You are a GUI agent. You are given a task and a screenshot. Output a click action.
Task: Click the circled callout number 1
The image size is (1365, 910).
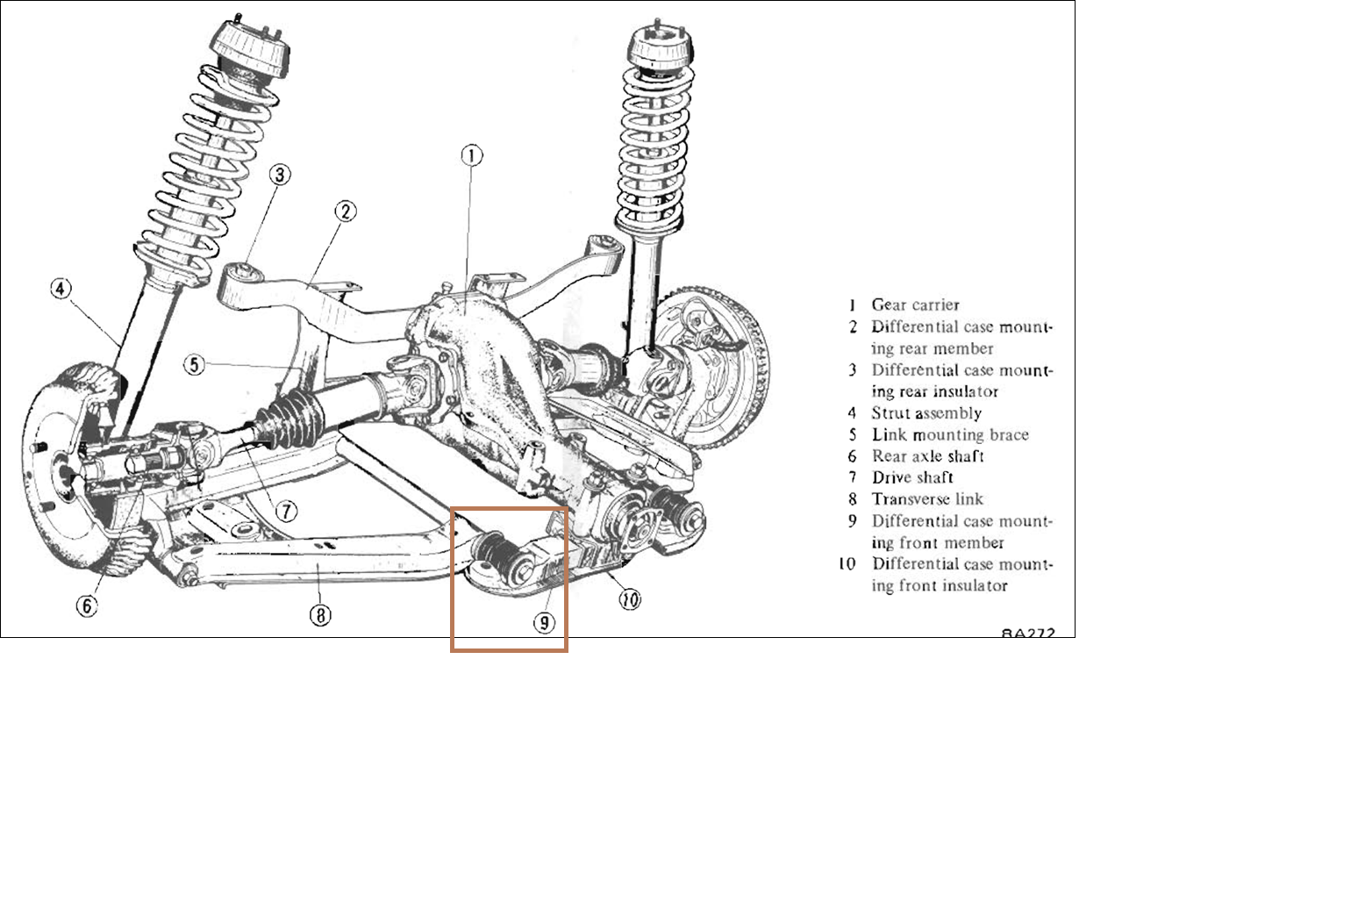(x=472, y=156)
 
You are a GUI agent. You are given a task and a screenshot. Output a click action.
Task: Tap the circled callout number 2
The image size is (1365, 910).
(x=347, y=211)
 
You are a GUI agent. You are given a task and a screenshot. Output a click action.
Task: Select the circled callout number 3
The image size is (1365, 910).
(x=279, y=175)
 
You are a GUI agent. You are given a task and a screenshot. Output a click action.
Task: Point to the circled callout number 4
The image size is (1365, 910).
(x=60, y=288)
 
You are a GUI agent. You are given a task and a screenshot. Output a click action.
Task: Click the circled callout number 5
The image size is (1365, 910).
(x=194, y=363)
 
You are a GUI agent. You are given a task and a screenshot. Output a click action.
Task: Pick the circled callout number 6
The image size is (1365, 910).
(x=87, y=605)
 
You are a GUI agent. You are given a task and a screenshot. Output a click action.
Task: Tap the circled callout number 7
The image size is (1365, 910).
(x=286, y=511)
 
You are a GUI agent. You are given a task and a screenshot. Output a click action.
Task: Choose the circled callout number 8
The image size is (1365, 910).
(x=320, y=615)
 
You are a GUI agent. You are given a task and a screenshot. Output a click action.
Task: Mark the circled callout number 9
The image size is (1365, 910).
(x=545, y=622)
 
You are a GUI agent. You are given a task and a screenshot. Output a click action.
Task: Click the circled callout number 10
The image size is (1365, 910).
(x=629, y=599)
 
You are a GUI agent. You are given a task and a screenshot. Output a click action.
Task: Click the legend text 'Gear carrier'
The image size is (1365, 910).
(x=915, y=305)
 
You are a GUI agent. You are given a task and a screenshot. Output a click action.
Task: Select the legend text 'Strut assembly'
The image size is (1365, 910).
(x=926, y=413)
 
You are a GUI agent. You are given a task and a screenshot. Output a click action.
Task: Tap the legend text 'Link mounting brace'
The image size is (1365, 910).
(x=949, y=435)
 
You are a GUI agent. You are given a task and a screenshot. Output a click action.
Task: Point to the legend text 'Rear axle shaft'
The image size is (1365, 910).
(x=927, y=456)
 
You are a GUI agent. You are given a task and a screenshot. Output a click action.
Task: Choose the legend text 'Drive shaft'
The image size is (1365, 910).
(x=912, y=478)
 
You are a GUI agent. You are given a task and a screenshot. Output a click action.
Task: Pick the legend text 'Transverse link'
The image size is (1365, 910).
(x=927, y=499)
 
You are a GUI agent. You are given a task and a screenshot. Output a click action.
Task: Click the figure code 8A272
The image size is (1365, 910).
(x=1028, y=633)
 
